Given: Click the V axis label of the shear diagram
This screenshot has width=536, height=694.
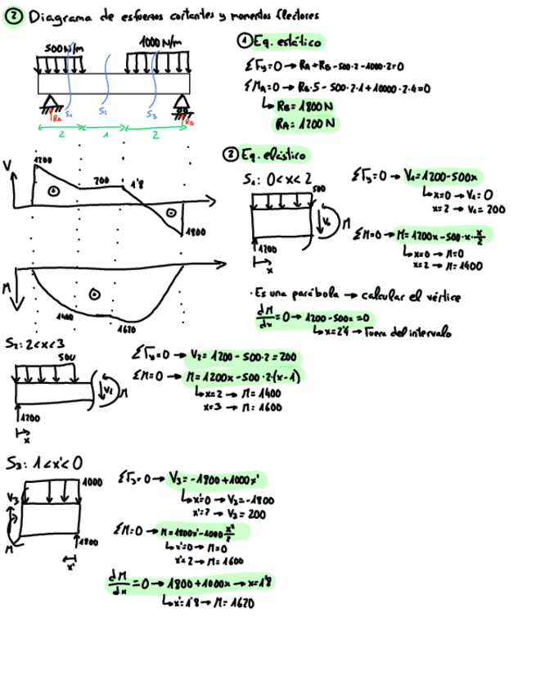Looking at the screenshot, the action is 8,166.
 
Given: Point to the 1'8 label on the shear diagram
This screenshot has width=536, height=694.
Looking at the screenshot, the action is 137,184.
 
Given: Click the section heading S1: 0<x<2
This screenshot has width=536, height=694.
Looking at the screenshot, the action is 277,178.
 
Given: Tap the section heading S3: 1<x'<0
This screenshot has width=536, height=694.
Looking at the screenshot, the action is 43,463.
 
